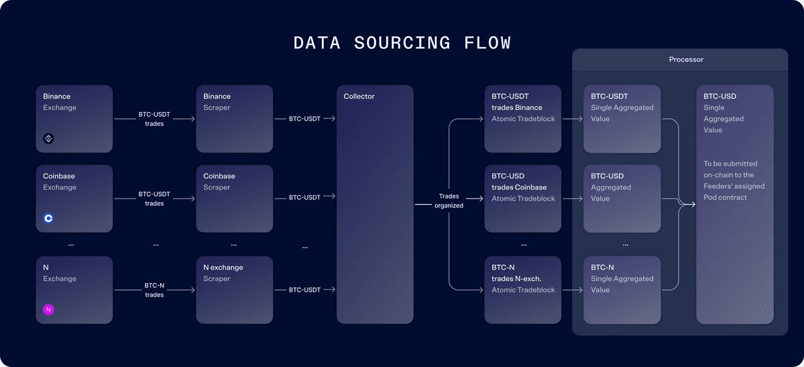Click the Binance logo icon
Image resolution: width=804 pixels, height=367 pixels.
[48, 139]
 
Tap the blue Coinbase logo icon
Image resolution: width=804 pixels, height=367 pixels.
[48, 218]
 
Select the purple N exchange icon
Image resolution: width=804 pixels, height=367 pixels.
[48, 309]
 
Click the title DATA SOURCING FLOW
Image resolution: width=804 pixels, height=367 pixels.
[402, 43]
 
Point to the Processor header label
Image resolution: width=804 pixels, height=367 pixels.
[686, 60]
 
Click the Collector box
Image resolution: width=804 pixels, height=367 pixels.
[374, 204]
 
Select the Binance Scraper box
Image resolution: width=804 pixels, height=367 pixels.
[234, 119]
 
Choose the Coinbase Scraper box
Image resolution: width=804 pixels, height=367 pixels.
[234, 199]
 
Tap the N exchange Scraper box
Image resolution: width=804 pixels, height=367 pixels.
[234, 290]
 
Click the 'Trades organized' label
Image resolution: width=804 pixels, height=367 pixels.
[449, 201]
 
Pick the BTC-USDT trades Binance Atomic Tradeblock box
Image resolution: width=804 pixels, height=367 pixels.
[522, 119]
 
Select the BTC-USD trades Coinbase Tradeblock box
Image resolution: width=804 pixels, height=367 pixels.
[522, 199]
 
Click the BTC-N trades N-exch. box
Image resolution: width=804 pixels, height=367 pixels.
[522, 290]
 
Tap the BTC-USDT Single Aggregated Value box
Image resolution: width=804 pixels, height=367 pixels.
[622, 119]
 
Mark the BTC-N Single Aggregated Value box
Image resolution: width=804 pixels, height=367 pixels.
[622, 290]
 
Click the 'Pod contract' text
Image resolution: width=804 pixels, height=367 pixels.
[725, 197]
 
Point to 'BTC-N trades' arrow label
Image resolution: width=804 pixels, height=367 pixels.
[154, 290]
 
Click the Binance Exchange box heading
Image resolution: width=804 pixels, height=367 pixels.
[57, 97]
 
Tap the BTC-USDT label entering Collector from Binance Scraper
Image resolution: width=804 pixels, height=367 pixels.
[304, 119]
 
